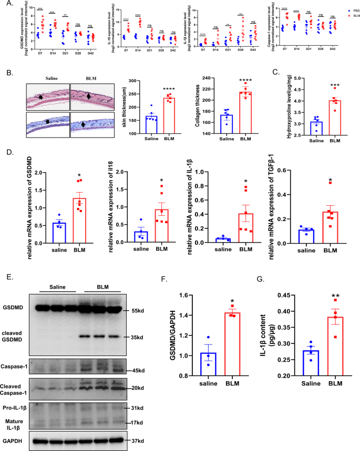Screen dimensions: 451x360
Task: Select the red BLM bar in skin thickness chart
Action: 154,116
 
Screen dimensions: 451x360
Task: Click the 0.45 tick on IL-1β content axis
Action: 277,295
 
